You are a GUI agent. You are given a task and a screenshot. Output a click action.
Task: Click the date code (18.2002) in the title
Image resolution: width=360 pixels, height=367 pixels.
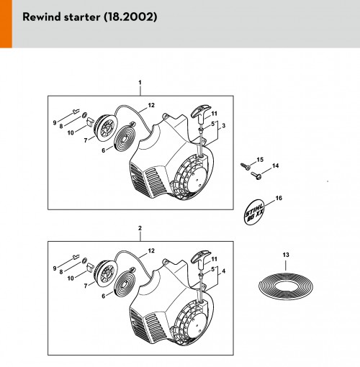pyautogui.click(x=130, y=17)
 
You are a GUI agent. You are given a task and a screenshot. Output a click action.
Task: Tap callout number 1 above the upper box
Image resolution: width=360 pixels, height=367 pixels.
pyautogui.click(x=140, y=83)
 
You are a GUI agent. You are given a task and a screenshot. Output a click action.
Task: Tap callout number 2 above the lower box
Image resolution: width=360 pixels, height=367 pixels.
pyautogui.click(x=140, y=228)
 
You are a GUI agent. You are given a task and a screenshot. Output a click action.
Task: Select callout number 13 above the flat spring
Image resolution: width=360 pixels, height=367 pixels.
pyautogui.click(x=286, y=255)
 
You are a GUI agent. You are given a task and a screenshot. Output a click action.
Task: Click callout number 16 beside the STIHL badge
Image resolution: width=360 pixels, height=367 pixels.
pyautogui.click(x=279, y=198)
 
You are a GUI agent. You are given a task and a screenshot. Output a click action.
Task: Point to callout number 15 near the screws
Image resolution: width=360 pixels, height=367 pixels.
pyautogui.click(x=260, y=160)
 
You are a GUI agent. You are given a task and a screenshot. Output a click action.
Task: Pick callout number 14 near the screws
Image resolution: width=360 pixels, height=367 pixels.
pyautogui.click(x=275, y=166)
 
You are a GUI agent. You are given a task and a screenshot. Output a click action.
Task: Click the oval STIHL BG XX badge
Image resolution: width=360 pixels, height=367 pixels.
pyautogui.click(x=254, y=212)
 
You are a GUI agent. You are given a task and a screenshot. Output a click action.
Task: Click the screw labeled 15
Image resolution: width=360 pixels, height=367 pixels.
pyautogui.click(x=246, y=166)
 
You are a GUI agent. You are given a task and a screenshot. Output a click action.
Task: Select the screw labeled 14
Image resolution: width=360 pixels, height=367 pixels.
pyautogui.click(x=256, y=176)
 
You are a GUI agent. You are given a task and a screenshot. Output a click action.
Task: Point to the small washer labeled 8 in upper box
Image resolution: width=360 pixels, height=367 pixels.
pyautogui.click(x=84, y=115)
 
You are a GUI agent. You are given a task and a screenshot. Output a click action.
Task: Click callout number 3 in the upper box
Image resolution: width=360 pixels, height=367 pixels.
pyautogui.click(x=224, y=126)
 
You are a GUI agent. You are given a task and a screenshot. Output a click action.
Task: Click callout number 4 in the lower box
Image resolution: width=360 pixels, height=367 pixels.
pyautogui.click(x=224, y=271)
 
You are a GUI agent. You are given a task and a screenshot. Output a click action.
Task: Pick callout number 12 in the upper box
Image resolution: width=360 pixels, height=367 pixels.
pyautogui.click(x=151, y=105)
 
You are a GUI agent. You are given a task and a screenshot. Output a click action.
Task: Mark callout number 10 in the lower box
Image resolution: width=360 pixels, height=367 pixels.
pyautogui.click(x=71, y=278)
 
